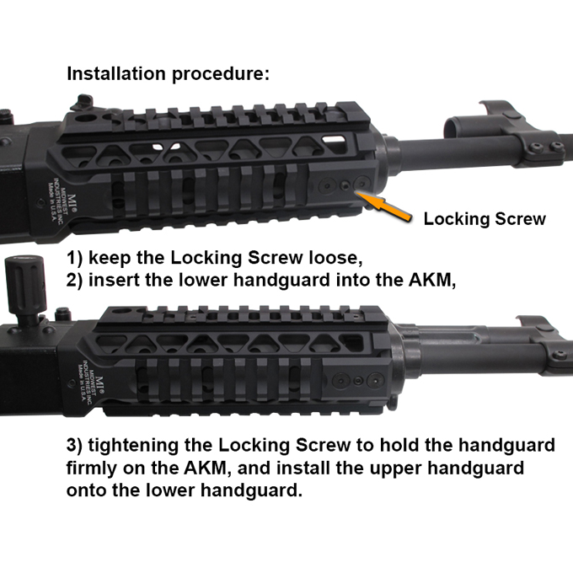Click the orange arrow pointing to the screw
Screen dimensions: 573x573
pos(383,206)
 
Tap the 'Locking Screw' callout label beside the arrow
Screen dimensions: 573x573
pos(485,219)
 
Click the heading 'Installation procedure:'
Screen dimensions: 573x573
pos(168,74)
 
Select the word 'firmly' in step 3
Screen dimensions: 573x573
pos(91,469)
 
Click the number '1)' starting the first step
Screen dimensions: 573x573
pos(74,258)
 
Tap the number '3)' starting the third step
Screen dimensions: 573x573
pos(74,446)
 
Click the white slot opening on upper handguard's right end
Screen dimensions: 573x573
pos(334,139)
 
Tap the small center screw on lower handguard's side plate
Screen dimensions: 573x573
pos(358,381)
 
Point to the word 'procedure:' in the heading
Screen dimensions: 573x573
pos(221,74)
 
